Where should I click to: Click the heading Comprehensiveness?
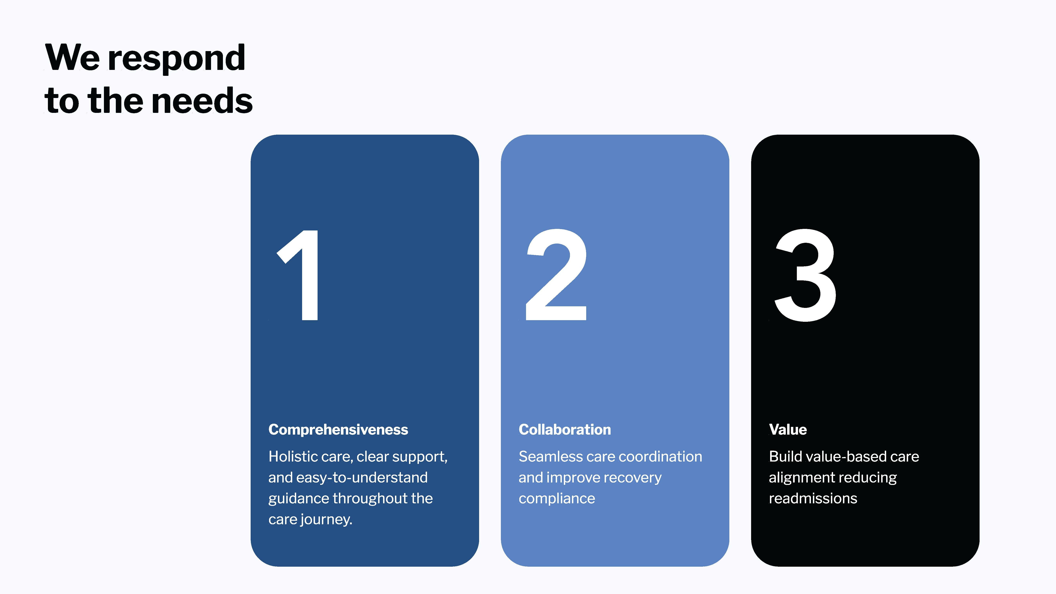tap(338, 430)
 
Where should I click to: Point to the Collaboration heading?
tap(564, 430)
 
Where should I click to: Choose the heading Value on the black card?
tap(788, 430)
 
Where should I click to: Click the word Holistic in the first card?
tap(294, 456)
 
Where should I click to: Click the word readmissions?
tap(813, 499)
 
